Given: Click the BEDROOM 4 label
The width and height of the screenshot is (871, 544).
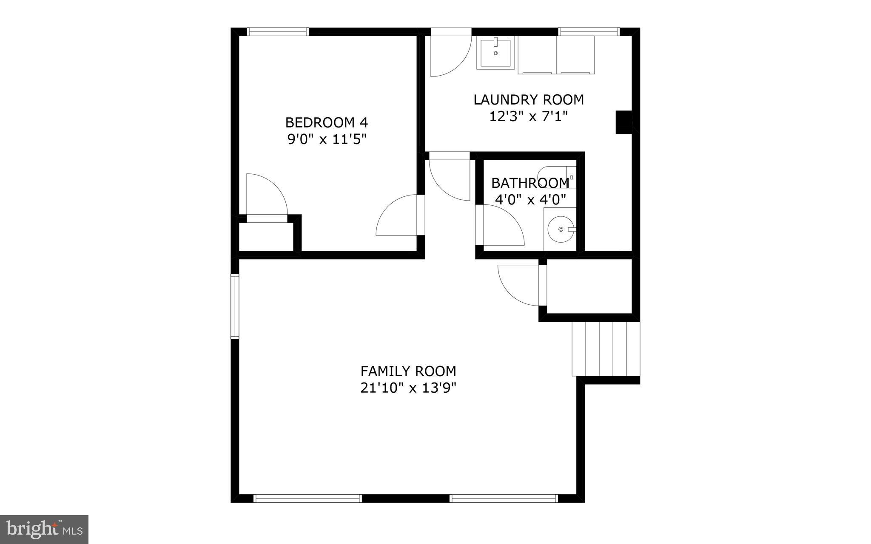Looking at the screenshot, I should tap(326, 122).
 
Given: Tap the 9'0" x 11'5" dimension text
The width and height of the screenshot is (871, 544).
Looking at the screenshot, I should tap(326, 139).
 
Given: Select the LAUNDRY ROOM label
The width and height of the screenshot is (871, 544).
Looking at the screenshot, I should tap(528, 100).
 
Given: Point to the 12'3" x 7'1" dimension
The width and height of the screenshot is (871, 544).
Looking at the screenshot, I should tap(528, 116).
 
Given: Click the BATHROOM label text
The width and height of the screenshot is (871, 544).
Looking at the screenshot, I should tap(530, 183).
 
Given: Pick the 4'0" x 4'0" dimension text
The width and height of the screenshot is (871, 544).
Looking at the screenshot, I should tap(530, 199).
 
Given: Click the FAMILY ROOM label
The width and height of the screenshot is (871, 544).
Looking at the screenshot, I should tap(408, 371).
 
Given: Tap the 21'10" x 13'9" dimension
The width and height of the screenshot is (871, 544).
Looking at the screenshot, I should tap(408, 388).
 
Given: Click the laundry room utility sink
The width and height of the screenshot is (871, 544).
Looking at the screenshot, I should tap(495, 52).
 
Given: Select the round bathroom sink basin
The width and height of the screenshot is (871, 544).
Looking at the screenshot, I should tap(561, 229).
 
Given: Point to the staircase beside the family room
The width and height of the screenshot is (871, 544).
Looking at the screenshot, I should tap(606, 348).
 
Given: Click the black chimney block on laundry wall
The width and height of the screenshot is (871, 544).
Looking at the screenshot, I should tap(624, 122).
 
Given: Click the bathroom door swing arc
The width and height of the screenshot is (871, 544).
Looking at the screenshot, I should tap(502, 225).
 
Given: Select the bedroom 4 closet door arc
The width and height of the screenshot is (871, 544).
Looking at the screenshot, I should tap(266, 195).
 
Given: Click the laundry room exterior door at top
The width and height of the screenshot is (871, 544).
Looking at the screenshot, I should tap(451, 53).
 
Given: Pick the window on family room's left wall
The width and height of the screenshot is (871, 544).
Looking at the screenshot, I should tap(235, 306).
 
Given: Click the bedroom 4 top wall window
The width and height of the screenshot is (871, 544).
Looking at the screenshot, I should tap(278, 31).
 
